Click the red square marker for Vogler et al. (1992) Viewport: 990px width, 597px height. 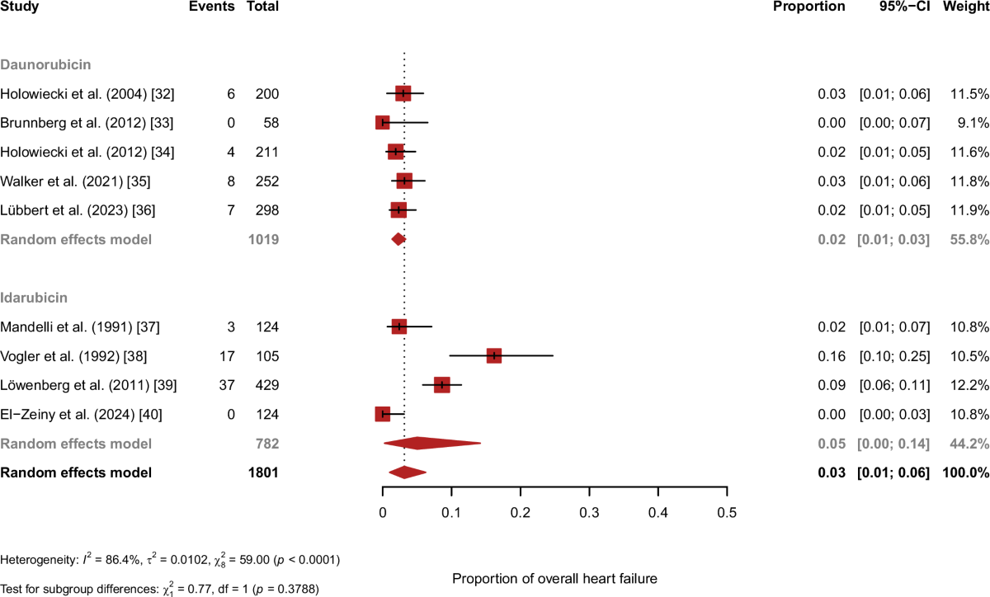pyautogui.click(x=493, y=355)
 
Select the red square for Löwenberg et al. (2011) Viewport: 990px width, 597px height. pyautogui.click(x=442, y=384)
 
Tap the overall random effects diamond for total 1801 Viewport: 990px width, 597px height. pyautogui.click(x=407, y=472)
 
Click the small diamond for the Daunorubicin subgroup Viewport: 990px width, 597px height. pyautogui.click(x=398, y=239)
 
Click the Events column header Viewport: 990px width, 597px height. pyautogui.click(x=211, y=7)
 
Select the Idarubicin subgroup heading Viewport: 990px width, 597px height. pyautogui.click(x=34, y=297)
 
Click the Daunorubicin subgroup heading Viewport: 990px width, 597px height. pyautogui.click(x=45, y=63)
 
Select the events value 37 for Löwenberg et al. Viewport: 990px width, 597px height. pyautogui.click(x=226, y=385)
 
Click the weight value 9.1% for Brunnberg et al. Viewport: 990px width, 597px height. pyautogui.click(x=973, y=123)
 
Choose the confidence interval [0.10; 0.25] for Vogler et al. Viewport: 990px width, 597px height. pyautogui.click(x=894, y=356)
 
